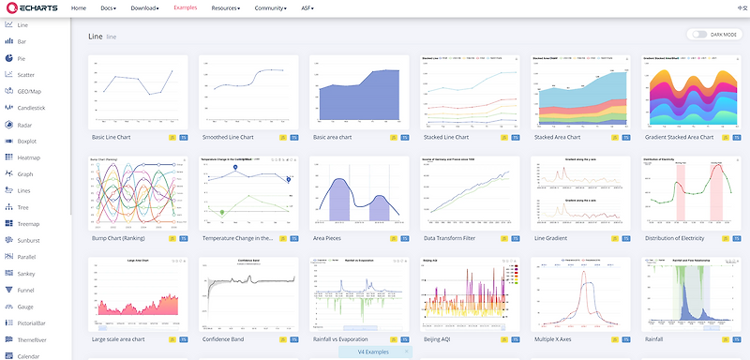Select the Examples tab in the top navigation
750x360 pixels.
(186, 7)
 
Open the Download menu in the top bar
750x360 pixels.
(144, 7)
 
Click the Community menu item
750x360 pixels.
(271, 7)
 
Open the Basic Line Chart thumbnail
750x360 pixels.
(137, 93)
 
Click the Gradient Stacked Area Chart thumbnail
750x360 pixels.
(689, 93)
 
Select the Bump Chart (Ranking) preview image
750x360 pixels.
(137, 193)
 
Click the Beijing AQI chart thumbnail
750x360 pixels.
(468, 293)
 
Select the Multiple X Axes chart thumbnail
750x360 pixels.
(578, 293)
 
